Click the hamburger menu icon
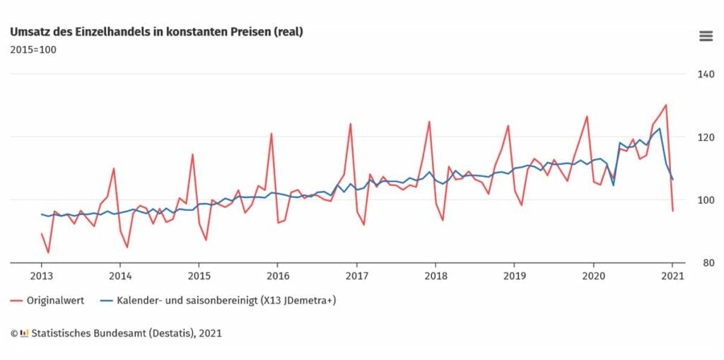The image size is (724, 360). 705,36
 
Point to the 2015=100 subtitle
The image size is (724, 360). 33,50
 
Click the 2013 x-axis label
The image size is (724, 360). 42,276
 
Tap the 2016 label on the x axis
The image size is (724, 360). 278,276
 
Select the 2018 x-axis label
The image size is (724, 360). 436,276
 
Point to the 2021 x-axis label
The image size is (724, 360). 672,276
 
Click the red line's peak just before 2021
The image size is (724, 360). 666,105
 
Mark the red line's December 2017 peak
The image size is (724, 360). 429,121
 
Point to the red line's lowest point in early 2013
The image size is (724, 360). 48,252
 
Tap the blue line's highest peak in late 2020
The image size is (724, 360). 660,128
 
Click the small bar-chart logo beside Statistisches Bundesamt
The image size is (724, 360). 25,332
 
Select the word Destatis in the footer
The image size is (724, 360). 169,332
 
